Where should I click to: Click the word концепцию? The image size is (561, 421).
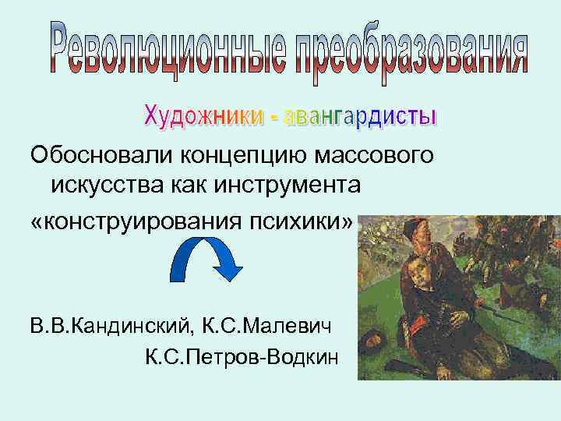249,157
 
